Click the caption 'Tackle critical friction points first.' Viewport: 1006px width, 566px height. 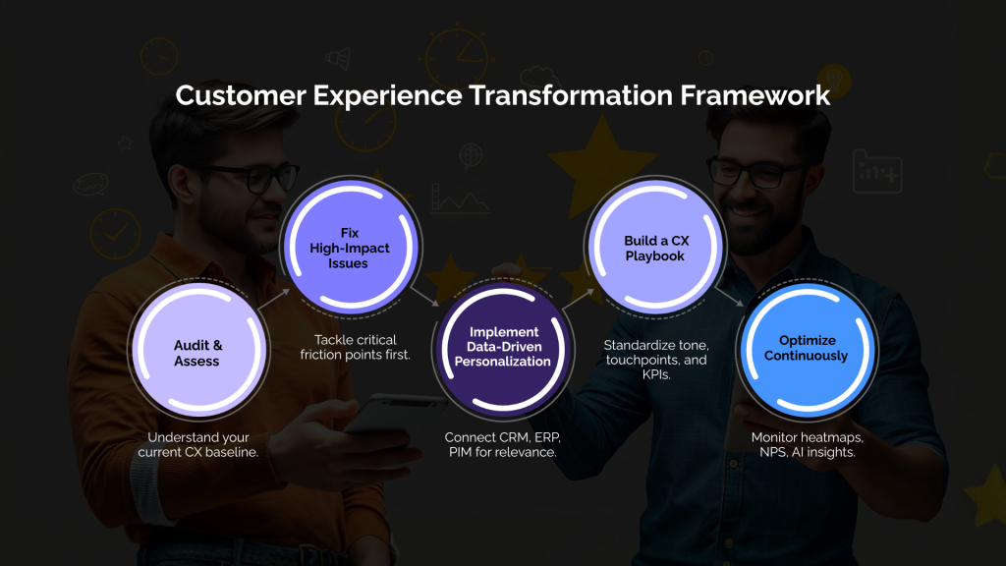pyautogui.click(x=355, y=346)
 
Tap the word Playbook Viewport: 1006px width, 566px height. pyautogui.click(x=654, y=255)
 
